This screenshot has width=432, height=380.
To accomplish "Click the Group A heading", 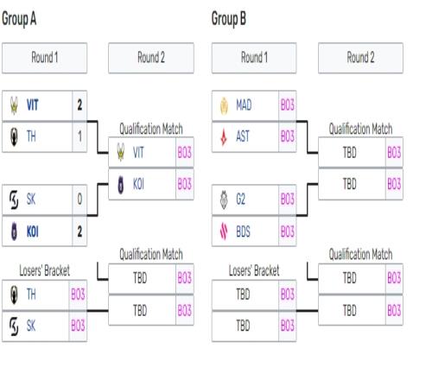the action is pos(19,19).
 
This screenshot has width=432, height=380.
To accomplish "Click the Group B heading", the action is pos(229,19).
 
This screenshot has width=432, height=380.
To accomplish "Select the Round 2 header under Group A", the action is pos(151,58).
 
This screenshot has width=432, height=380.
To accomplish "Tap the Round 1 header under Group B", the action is pos(254,58).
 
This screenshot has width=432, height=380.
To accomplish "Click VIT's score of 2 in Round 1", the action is pos(79,105).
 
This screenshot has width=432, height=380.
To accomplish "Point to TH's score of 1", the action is pos(79,136).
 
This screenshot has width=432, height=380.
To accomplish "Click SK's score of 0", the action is pos(79,199).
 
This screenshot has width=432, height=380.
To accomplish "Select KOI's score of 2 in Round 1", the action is pos(79,231).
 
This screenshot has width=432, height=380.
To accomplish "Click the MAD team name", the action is pos(244,105).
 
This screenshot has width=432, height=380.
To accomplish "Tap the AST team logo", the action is pos(224,136).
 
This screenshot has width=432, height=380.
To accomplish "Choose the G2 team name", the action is pos(240,199).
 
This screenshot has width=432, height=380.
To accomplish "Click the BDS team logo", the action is pos(224,231).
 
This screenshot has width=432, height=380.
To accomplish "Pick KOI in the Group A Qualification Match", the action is pos(138,184).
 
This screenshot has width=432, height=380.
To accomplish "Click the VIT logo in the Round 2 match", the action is pos(121,152).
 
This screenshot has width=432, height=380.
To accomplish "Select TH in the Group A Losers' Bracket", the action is pos(31,294).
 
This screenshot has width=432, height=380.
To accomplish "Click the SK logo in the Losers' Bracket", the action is pos(14,326).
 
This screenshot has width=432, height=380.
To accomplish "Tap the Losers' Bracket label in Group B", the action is pos(254,271).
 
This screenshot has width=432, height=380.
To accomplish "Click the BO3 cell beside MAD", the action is pos(288,105).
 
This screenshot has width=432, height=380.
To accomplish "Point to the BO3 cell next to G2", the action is pos(288,199).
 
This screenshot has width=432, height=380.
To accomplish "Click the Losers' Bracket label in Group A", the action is pos(44,271).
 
